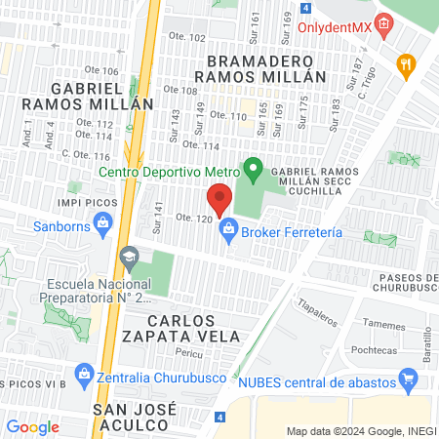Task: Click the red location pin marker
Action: click(x=219, y=200)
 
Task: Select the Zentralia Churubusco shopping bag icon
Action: click(x=84, y=374)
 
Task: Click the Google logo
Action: click(x=33, y=426)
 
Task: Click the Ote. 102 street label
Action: click(x=190, y=38)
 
